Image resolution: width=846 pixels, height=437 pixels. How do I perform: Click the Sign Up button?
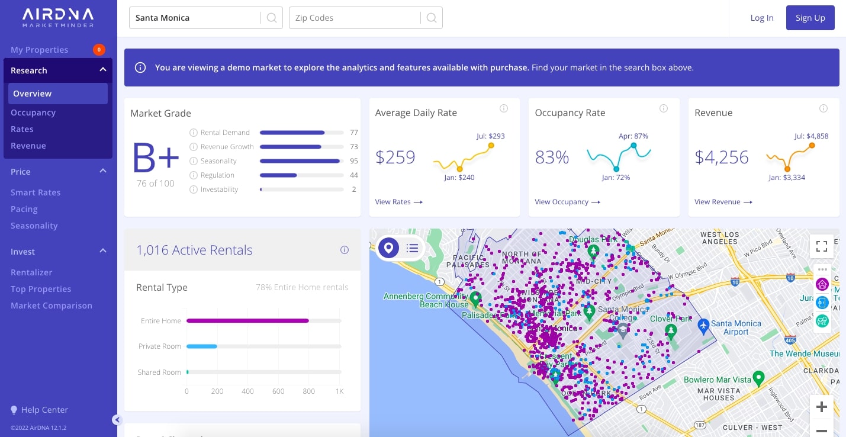pos(810,18)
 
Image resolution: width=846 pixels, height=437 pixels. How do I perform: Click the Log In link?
pos(761,18)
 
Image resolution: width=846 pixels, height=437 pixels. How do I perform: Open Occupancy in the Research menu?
pos(33,113)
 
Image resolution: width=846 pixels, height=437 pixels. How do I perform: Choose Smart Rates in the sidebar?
pos(36,192)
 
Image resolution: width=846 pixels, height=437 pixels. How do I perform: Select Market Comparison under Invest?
pos(52,306)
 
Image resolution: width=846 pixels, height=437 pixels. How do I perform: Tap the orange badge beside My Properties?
pos(99,50)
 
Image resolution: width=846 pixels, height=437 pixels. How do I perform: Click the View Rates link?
pos(398,202)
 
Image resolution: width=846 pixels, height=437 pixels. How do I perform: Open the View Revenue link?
pos(723,202)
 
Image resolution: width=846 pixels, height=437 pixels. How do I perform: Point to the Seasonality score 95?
pos(353,161)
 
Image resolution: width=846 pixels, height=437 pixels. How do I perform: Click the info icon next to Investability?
pos(193,189)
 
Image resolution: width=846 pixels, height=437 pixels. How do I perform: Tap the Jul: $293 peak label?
pos(490,136)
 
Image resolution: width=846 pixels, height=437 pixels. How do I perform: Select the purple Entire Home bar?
pos(247,321)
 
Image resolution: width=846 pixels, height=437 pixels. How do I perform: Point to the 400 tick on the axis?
pos(247,391)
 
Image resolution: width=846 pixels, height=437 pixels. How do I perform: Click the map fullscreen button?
pos(821,246)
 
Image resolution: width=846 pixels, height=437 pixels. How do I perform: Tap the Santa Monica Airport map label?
pos(735,327)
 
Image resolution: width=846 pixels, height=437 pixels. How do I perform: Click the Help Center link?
pos(44,410)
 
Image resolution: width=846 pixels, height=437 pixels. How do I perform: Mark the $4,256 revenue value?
pos(721,157)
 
